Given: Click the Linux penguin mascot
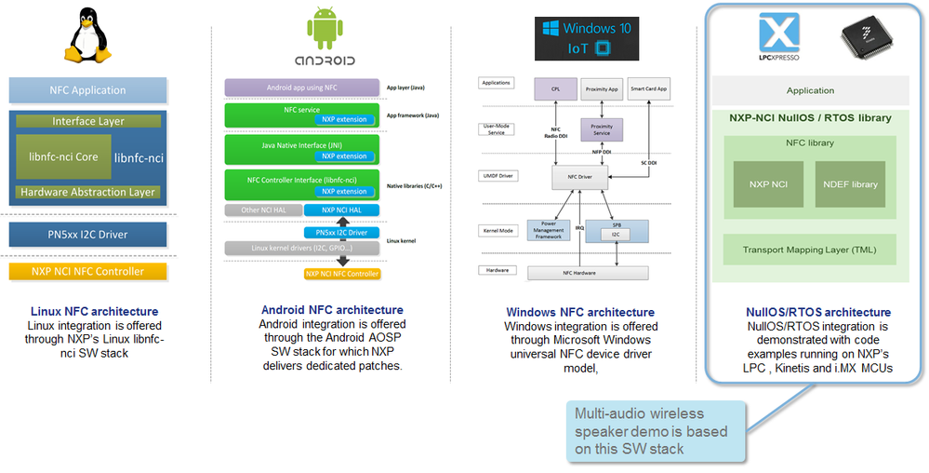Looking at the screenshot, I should click(x=86, y=35).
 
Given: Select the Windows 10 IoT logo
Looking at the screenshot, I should click(x=583, y=38).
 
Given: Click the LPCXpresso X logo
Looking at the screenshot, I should click(x=779, y=36).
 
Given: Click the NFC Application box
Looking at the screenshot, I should click(x=87, y=90).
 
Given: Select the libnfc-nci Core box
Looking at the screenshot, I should click(x=62, y=156).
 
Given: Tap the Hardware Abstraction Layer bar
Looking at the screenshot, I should click(x=87, y=192).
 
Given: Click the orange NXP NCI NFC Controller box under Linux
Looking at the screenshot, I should click(x=87, y=271).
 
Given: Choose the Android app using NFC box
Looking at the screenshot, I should click(x=302, y=88).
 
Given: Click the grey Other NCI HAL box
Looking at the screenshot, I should click(x=262, y=210).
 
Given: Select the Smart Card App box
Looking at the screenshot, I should click(x=649, y=89).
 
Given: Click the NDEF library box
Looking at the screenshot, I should click(x=851, y=184).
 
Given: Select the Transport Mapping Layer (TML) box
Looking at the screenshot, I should click(x=809, y=250).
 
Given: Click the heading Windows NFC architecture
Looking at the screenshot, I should click(x=579, y=312).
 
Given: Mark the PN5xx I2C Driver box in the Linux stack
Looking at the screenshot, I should click(x=87, y=233).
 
